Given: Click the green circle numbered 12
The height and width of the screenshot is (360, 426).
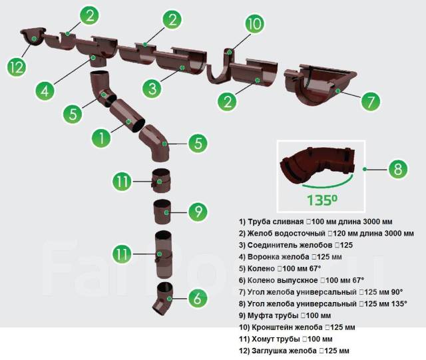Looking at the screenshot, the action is pyautogui.click(x=17, y=67).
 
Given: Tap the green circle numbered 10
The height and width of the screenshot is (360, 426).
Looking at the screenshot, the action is pyautogui.click(x=255, y=23).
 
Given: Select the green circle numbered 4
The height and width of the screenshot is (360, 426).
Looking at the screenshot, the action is pyautogui.click(x=45, y=90).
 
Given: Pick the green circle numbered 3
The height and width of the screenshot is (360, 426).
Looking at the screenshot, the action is pyautogui.click(x=152, y=89).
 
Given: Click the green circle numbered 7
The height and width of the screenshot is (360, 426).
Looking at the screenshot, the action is pyautogui.click(x=371, y=101).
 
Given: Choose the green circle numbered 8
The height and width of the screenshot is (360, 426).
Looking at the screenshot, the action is pyautogui.click(x=398, y=169).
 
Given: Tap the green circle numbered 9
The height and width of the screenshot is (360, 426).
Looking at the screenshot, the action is pyautogui.click(x=198, y=212).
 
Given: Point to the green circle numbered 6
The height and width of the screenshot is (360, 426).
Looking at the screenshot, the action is pyautogui.click(x=198, y=297).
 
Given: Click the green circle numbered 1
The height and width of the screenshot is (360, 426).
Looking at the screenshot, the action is pyautogui.click(x=101, y=138).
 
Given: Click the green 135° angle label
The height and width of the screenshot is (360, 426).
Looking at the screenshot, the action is pyautogui.click(x=322, y=200).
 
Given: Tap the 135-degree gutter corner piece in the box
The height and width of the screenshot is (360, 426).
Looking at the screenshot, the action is pyautogui.click(x=317, y=166).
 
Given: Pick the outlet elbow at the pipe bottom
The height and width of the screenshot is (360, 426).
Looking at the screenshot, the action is pyautogui.click(x=164, y=298).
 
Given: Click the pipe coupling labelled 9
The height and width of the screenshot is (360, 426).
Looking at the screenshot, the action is pyautogui.click(x=162, y=212).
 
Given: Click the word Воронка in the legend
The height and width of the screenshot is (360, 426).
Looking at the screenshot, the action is pyautogui.click(x=263, y=257).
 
